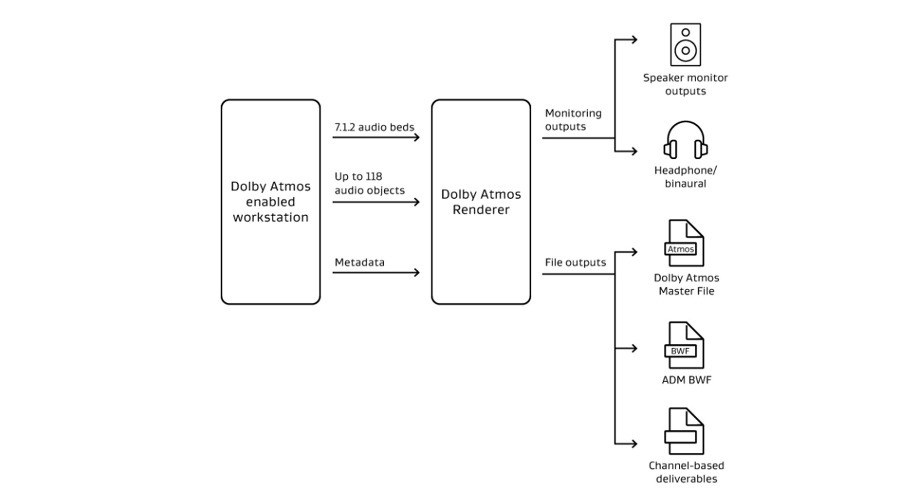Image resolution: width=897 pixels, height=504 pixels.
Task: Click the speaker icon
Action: [x=685, y=44]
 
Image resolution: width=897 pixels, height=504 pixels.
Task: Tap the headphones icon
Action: [x=685, y=140]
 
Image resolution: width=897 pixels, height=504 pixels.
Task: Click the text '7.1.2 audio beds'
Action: [x=374, y=127]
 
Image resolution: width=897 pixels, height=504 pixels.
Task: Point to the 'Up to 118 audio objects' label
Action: [x=369, y=183]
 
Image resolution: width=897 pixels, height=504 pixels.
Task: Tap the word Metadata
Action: [x=359, y=262]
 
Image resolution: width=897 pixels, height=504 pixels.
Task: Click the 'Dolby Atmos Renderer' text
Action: [x=481, y=202]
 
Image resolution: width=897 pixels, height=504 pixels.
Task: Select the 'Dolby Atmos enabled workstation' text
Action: [x=271, y=202]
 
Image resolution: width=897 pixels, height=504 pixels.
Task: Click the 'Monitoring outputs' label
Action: [x=573, y=120]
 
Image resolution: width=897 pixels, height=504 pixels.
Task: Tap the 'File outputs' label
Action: [x=575, y=262]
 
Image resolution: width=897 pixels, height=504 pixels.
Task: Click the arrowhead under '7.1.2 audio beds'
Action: [x=417, y=137]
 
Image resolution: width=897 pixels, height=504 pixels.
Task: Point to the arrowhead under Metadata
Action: [x=417, y=272]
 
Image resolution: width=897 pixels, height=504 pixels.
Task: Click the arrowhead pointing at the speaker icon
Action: [x=634, y=39]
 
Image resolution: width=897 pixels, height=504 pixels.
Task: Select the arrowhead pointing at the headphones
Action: [x=634, y=151]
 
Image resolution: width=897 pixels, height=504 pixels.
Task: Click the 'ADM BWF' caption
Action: [x=686, y=380]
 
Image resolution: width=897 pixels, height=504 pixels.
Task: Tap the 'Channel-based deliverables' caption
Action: [x=686, y=472]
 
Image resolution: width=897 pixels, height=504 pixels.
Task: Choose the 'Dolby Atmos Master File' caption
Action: [x=686, y=284]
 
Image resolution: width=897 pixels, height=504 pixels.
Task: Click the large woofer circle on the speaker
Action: [x=685, y=50]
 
